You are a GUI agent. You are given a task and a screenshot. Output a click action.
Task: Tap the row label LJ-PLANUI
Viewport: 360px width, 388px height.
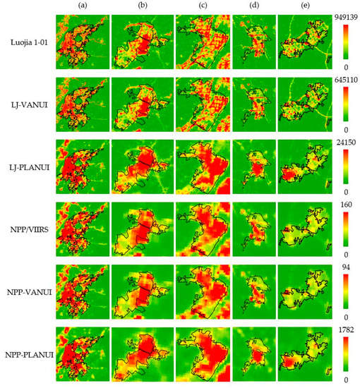click(x=30, y=169)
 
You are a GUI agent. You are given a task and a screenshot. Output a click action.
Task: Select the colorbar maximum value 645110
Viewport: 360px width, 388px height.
click(x=346, y=78)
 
